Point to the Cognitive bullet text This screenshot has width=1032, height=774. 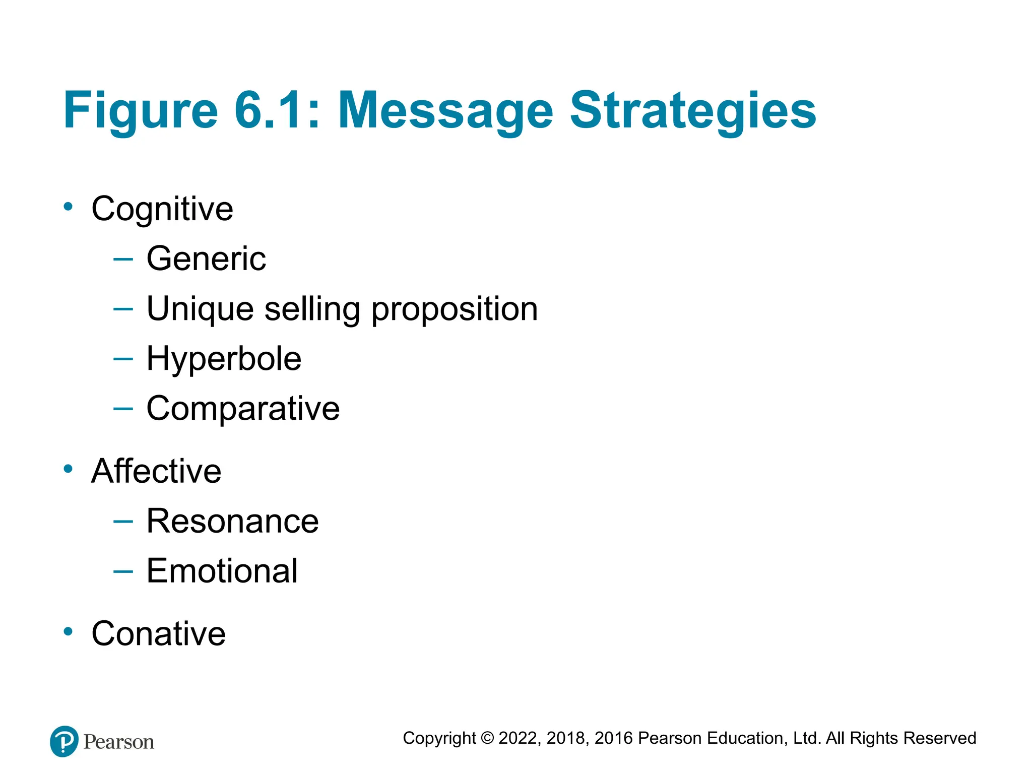162,209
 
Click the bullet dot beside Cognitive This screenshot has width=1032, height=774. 68,206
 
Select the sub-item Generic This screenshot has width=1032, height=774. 206,259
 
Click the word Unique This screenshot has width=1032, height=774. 200,309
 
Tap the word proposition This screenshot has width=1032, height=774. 455,309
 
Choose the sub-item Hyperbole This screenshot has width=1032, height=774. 224,359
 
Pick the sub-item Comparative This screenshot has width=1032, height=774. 243,408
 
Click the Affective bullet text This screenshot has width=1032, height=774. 156,471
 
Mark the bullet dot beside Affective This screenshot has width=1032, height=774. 68,469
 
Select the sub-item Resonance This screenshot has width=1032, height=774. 232,521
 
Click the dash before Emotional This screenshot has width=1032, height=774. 123,571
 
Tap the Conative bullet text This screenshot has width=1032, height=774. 158,633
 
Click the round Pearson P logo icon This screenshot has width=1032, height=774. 64,741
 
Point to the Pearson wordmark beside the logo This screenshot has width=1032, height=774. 119,742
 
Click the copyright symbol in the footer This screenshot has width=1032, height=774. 487,738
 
